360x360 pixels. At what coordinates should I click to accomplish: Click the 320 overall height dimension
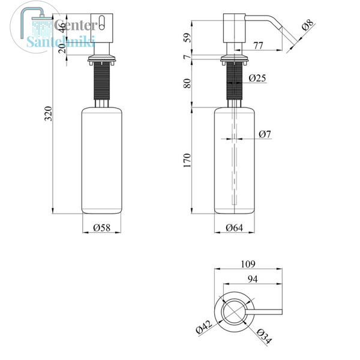48,113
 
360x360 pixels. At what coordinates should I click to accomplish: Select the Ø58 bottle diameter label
102,228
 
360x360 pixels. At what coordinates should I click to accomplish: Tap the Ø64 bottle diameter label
234,228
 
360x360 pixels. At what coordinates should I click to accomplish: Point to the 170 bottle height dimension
187,160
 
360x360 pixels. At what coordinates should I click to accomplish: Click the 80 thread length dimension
187,83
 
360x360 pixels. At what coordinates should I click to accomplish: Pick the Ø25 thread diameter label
257,78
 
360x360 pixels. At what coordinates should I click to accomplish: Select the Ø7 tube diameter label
265,134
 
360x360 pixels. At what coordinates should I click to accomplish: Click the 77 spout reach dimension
258,46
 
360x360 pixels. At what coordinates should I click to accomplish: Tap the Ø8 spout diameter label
307,25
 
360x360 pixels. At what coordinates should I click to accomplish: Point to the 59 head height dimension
188,38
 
